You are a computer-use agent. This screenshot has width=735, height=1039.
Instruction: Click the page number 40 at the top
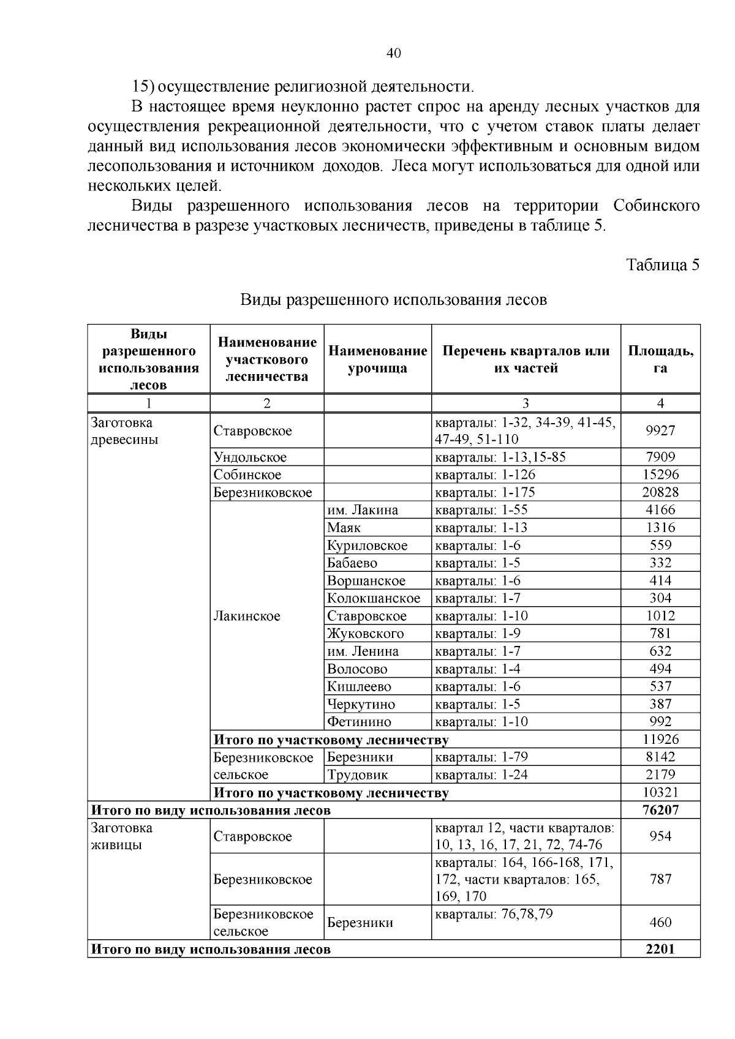click(x=394, y=54)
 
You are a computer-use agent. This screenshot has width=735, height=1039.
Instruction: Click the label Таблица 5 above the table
click(x=662, y=264)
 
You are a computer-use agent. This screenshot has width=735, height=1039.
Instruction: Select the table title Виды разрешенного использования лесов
click(x=393, y=300)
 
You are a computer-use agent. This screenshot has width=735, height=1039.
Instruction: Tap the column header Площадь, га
click(x=660, y=359)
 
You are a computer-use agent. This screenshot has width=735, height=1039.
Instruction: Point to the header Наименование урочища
click(x=377, y=359)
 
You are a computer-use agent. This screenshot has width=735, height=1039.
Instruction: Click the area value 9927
click(x=660, y=430)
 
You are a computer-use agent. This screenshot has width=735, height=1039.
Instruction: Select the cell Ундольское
click(x=250, y=457)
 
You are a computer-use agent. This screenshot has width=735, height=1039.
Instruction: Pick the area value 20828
click(x=660, y=492)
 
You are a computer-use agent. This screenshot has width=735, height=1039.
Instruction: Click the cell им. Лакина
click(x=363, y=510)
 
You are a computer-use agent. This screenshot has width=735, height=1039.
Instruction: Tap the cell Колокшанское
click(x=374, y=598)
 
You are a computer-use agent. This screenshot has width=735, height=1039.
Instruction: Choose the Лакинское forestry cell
click(x=247, y=616)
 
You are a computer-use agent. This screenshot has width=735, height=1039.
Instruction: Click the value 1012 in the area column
click(x=660, y=616)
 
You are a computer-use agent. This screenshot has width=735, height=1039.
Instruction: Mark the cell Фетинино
click(x=359, y=722)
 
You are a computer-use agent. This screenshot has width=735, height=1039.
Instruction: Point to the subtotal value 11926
click(x=660, y=740)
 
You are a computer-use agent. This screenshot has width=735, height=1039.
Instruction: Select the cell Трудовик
click(x=358, y=775)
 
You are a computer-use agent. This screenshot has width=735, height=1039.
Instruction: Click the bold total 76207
click(x=660, y=810)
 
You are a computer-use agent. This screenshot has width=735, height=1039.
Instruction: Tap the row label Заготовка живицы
click(x=122, y=836)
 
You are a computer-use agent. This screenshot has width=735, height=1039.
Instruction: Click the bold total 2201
click(x=660, y=949)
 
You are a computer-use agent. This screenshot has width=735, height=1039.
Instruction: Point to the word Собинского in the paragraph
click(x=657, y=206)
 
